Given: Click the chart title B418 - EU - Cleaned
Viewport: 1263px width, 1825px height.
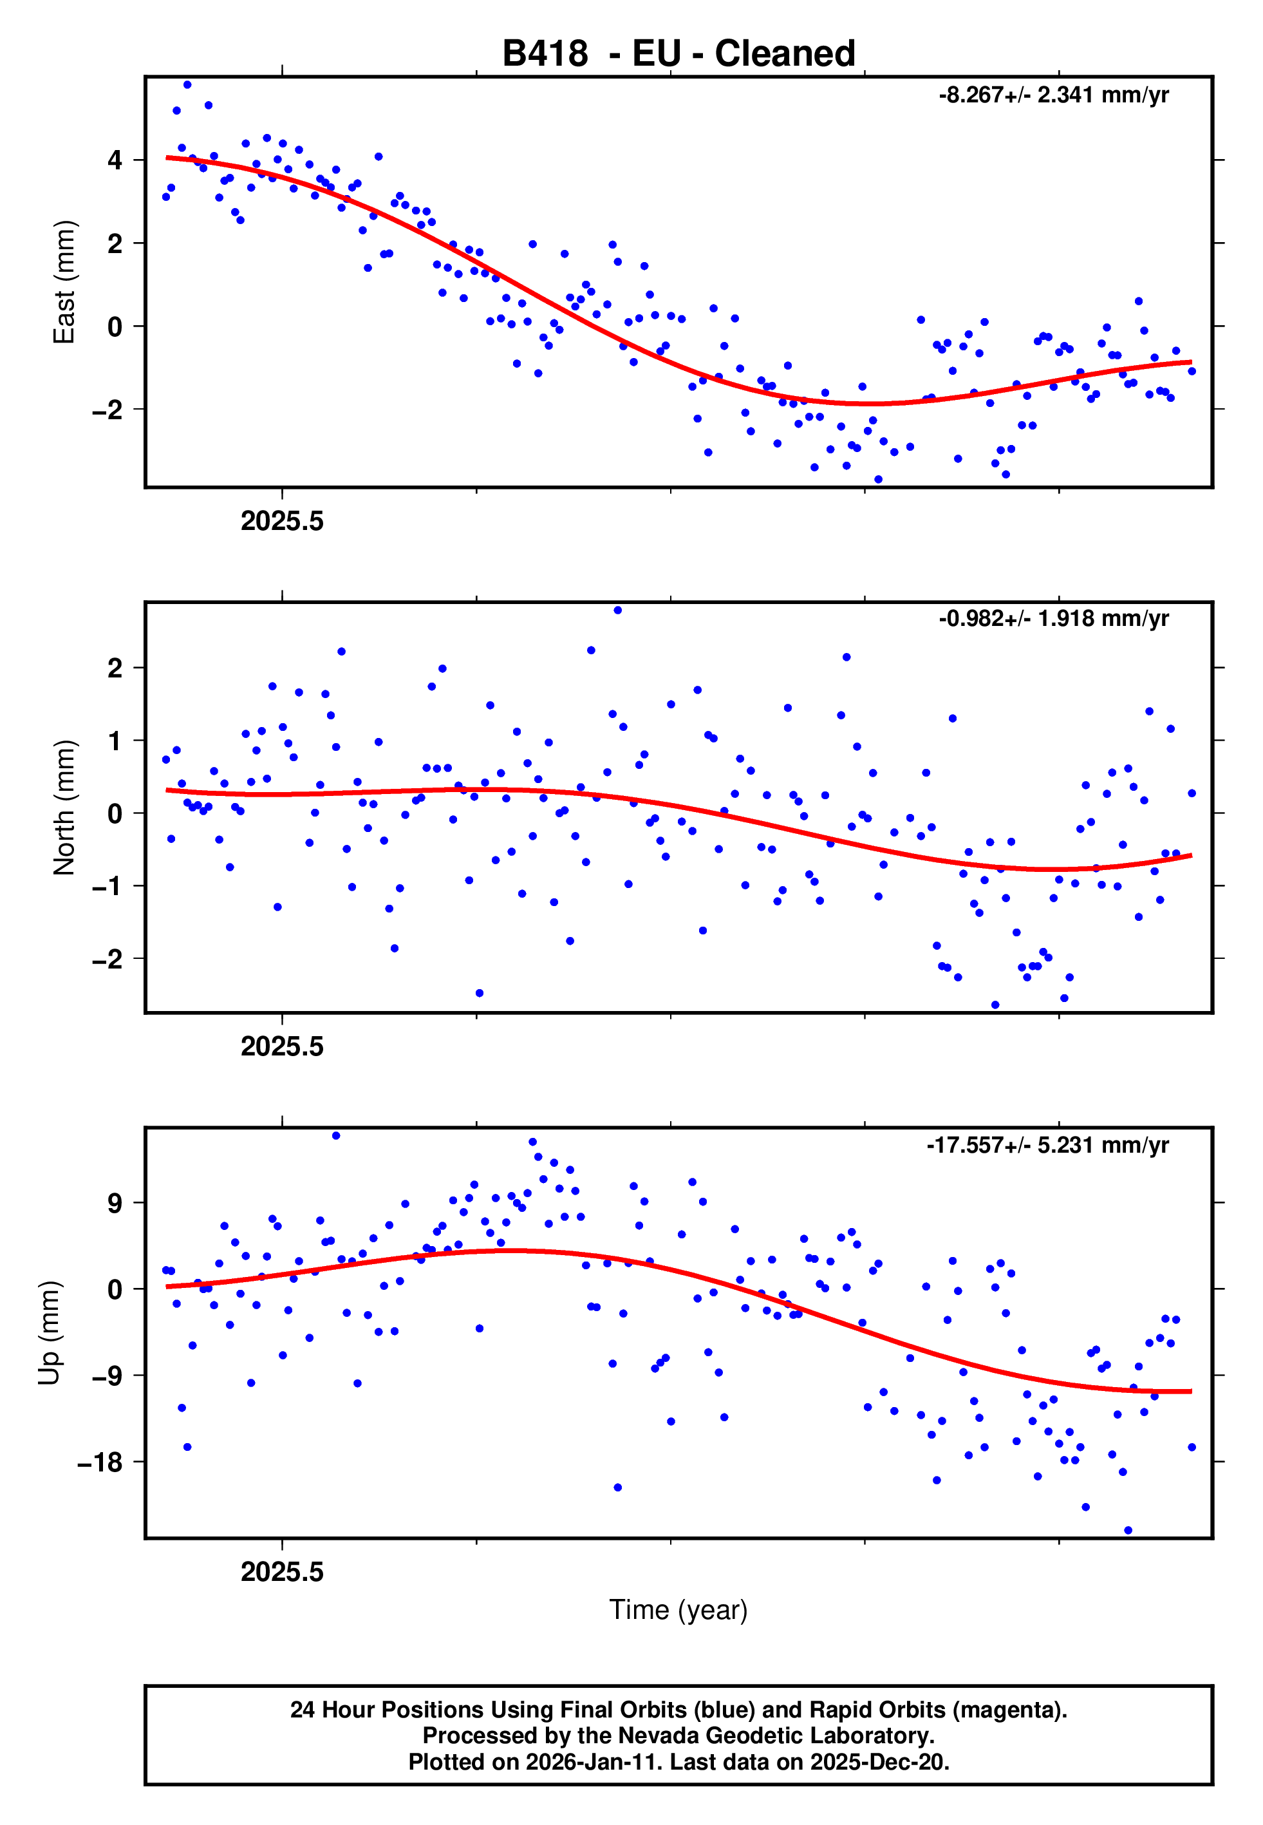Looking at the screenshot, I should pyautogui.click(x=678, y=54).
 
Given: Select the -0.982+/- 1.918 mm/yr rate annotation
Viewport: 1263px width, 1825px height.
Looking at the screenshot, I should pyautogui.click(x=1053, y=619).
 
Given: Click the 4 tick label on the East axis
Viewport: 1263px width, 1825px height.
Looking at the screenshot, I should pyautogui.click(x=115, y=160).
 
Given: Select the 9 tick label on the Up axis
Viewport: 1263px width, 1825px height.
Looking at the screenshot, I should pyautogui.click(x=115, y=1204).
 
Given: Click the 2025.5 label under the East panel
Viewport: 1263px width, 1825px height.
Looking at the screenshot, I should pyautogui.click(x=283, y=522).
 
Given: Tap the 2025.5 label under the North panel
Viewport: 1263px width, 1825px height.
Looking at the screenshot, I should pyautogui.click(x=283, y=1047).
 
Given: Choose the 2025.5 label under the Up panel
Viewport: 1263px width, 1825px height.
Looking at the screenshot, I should pyautogui.click(x=283, y=1572).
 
